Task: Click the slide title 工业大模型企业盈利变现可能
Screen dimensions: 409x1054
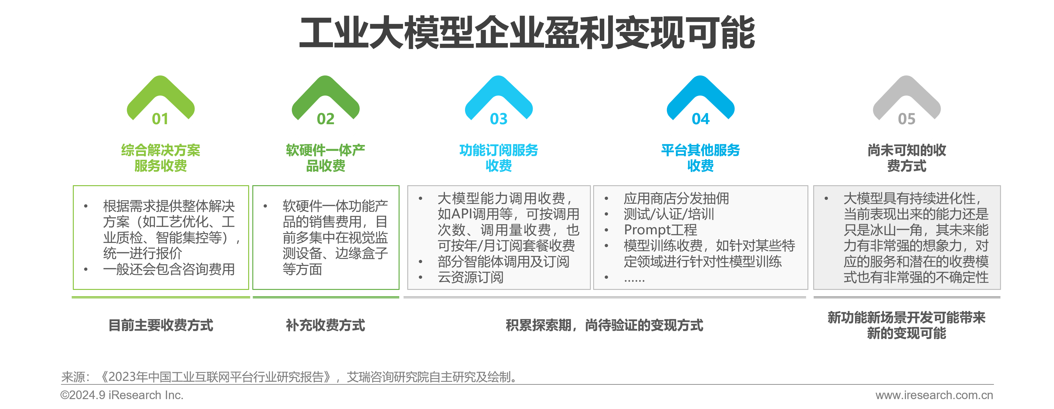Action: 527,33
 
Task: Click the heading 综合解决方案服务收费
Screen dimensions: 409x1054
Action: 160,158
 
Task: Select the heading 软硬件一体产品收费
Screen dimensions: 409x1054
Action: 326,158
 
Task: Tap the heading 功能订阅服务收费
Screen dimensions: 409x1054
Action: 499,158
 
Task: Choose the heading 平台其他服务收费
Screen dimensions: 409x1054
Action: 700,158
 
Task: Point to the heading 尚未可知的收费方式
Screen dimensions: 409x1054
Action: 907,158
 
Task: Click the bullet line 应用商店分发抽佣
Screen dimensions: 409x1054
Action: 676,198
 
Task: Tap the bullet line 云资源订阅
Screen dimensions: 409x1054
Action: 470,277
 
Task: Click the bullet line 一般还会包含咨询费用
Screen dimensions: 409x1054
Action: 169,269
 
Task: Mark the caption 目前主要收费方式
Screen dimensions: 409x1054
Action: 161,325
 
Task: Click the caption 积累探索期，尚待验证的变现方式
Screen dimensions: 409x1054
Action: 604,325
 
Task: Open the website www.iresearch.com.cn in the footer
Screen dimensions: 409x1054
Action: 934,395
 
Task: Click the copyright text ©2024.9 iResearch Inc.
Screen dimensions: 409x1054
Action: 122,395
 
